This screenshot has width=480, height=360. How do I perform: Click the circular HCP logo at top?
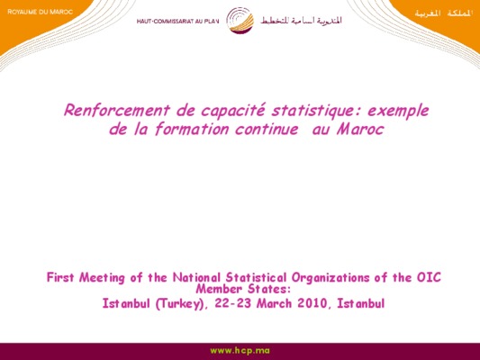coord(240,20)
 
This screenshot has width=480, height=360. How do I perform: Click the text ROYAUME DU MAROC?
coord(41,12)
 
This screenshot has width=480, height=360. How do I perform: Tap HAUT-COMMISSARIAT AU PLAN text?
coord(177,22)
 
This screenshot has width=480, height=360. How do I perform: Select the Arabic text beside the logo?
coord(301,21)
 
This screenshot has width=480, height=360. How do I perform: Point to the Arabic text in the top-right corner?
coord(444,13)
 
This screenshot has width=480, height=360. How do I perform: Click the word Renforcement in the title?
coord(116,110)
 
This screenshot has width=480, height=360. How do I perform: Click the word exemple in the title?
coord(398,111)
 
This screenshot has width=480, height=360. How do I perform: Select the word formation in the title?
coord(192,129)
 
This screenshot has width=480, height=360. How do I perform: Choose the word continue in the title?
coord(267,129)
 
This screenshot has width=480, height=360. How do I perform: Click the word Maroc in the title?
coord(360,129)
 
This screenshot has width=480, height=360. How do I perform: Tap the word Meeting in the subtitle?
coord(102,278)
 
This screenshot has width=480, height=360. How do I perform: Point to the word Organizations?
coord(331,278)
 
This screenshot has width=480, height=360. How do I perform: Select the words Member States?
coord(243,289)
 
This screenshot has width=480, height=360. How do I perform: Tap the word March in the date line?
coord(275,303)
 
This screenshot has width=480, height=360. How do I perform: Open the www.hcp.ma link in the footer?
coord(240,350)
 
